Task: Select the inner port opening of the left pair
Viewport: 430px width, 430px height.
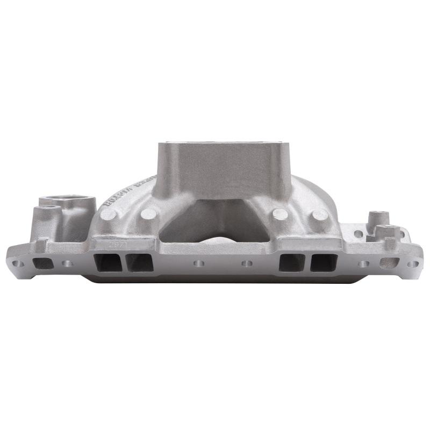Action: click(x=135, y=262)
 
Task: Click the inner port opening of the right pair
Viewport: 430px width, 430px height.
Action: click(x=291, y=262)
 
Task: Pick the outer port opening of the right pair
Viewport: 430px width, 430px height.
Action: click(x=322, y=262)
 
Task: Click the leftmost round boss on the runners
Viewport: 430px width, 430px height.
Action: click(x=109, y=214)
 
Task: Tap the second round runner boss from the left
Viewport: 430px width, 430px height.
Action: click(x=148, y=214)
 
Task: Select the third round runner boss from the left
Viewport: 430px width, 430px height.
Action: click(x=280, y=214)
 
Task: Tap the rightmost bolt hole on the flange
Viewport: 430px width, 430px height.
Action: click(x=412, y=264)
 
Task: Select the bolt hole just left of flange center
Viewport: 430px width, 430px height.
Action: click(x=199, y=264)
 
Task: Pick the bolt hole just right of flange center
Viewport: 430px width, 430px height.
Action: click(x=247, y=264)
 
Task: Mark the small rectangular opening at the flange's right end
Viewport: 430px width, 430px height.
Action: click(x=389, y=263)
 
